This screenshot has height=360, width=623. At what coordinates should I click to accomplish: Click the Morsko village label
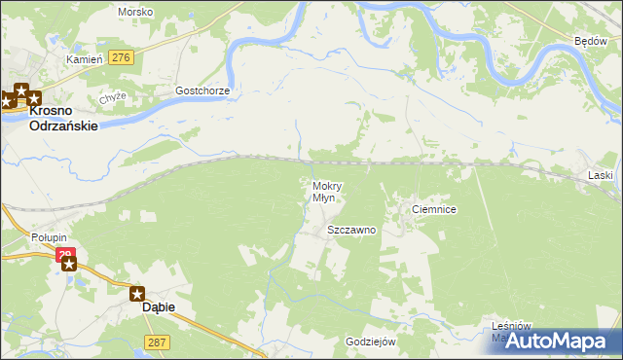click(134, 12)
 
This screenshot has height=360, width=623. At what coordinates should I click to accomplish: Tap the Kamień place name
click(84, 59)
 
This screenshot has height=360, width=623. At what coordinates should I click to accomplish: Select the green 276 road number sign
click(121, 58)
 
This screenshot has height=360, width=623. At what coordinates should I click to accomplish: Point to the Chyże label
click(114, 99)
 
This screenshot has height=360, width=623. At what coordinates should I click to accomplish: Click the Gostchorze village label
click(202, 90)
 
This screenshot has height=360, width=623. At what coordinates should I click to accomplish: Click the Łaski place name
click(601, 175)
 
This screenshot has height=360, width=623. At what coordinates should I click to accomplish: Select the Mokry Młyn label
click(325, 192)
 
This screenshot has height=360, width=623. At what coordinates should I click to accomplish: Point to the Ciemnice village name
click(434, 209)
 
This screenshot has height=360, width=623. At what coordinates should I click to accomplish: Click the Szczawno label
click(351, 231)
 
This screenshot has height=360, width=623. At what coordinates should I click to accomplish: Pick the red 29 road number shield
click(64, 256)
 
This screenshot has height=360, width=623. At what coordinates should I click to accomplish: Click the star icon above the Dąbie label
click(137, 292)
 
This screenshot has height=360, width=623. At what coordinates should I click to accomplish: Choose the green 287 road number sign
click(157, 342)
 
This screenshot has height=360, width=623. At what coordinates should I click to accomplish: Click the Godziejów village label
click(371, 342)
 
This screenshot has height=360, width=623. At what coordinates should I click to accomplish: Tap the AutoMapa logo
click(565, 340)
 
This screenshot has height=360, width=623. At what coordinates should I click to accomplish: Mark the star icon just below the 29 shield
click(68, 264)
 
